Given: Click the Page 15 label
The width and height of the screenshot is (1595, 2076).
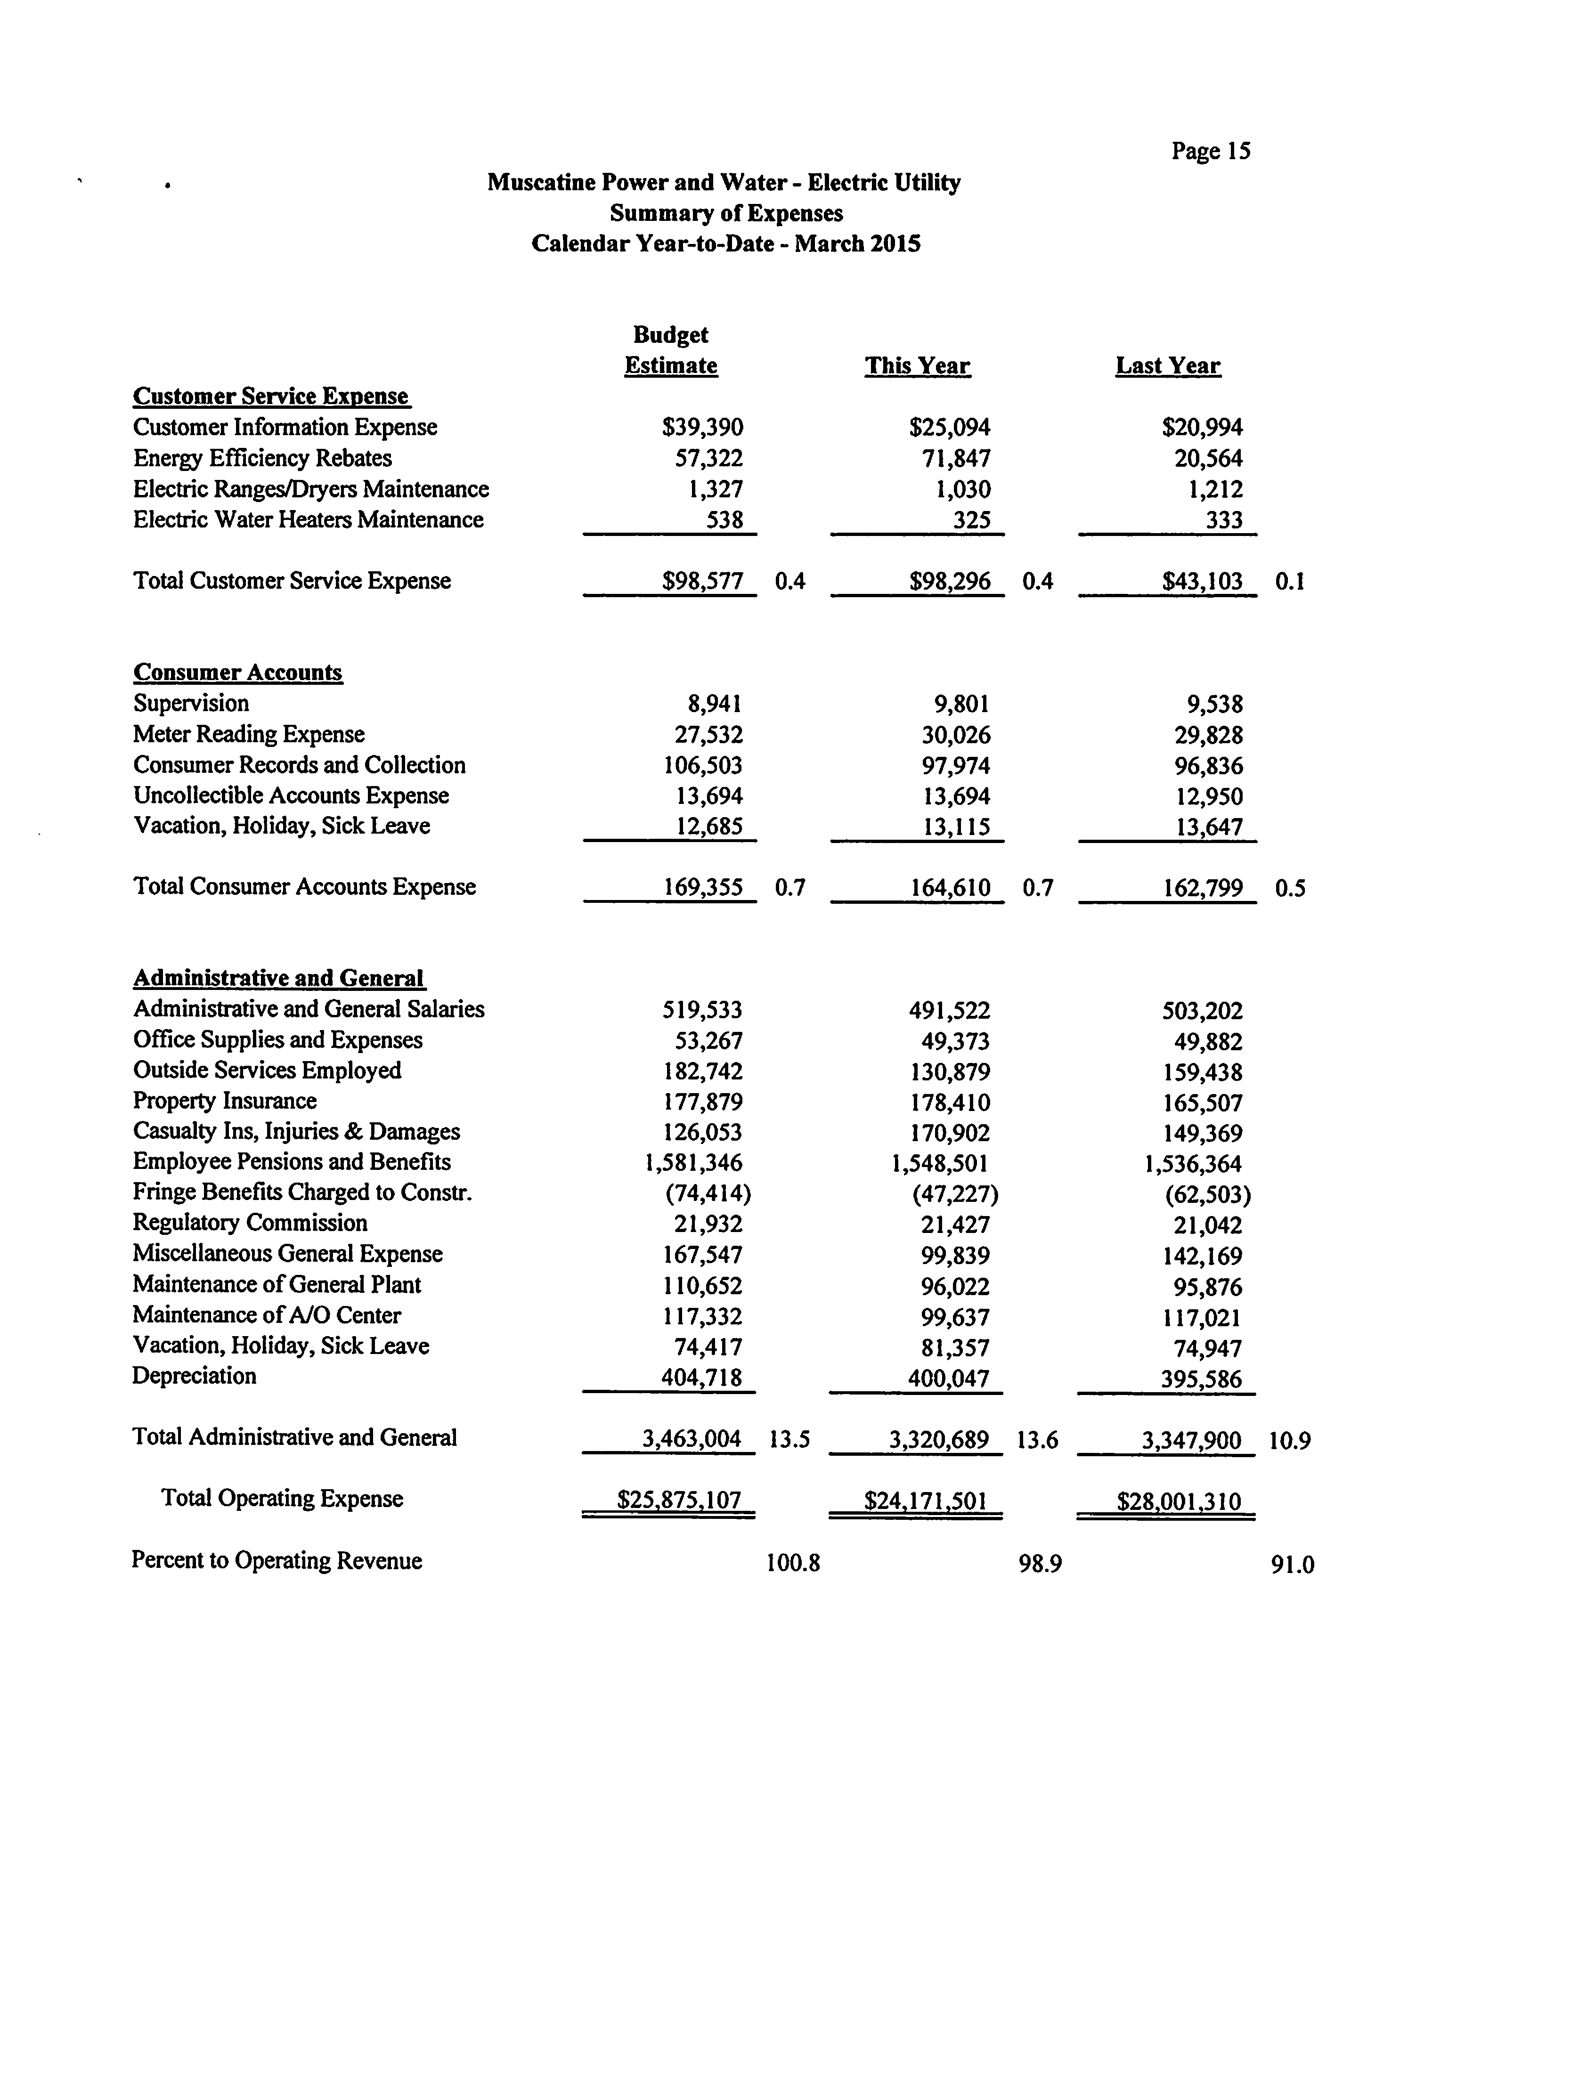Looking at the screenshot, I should pyautogui.click(x=1211, y=151).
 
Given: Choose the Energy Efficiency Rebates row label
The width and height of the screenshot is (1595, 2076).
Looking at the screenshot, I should pyautogui.click(x=262, y=459).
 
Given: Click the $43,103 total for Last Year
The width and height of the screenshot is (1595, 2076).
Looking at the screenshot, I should pyautogui.click(x=1202, y=581).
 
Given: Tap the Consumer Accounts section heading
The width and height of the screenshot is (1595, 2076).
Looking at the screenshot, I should pyautogui.click(x=237, y=672).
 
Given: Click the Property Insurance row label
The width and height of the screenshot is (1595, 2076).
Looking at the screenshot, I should pyautogui.click(x=225, y=1101).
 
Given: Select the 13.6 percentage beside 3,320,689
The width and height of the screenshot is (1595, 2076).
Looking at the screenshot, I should pyautogui.click(x=1037, y=1440).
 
